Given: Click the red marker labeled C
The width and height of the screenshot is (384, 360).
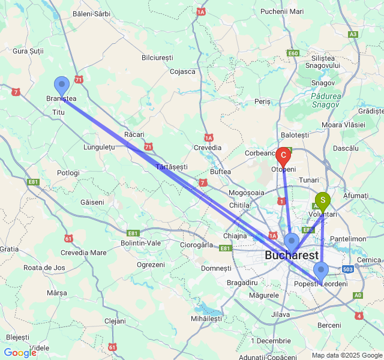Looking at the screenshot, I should pos(283,155).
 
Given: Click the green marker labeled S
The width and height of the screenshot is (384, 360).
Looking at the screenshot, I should pos(323,200).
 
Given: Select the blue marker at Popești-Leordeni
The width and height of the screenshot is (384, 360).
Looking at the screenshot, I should pos(321,271).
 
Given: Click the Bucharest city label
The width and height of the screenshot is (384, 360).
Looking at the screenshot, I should pos(292,256).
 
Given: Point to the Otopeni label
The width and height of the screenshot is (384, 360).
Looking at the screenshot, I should pos(284,170).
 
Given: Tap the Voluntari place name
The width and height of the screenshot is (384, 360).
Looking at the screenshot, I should pos(323,214).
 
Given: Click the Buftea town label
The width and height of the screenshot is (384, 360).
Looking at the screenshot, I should pos(221,172).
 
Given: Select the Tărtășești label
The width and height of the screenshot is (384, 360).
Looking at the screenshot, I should pos(172,166).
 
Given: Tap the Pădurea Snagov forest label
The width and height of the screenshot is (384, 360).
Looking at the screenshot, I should pos(327,100).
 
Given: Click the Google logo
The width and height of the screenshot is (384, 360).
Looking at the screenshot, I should pos(20,353).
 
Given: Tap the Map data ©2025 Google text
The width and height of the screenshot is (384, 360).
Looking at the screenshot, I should pos(346,355).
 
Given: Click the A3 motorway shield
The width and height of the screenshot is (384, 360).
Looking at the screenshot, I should pos(353,34).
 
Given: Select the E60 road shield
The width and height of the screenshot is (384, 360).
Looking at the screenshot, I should pos(293,53).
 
